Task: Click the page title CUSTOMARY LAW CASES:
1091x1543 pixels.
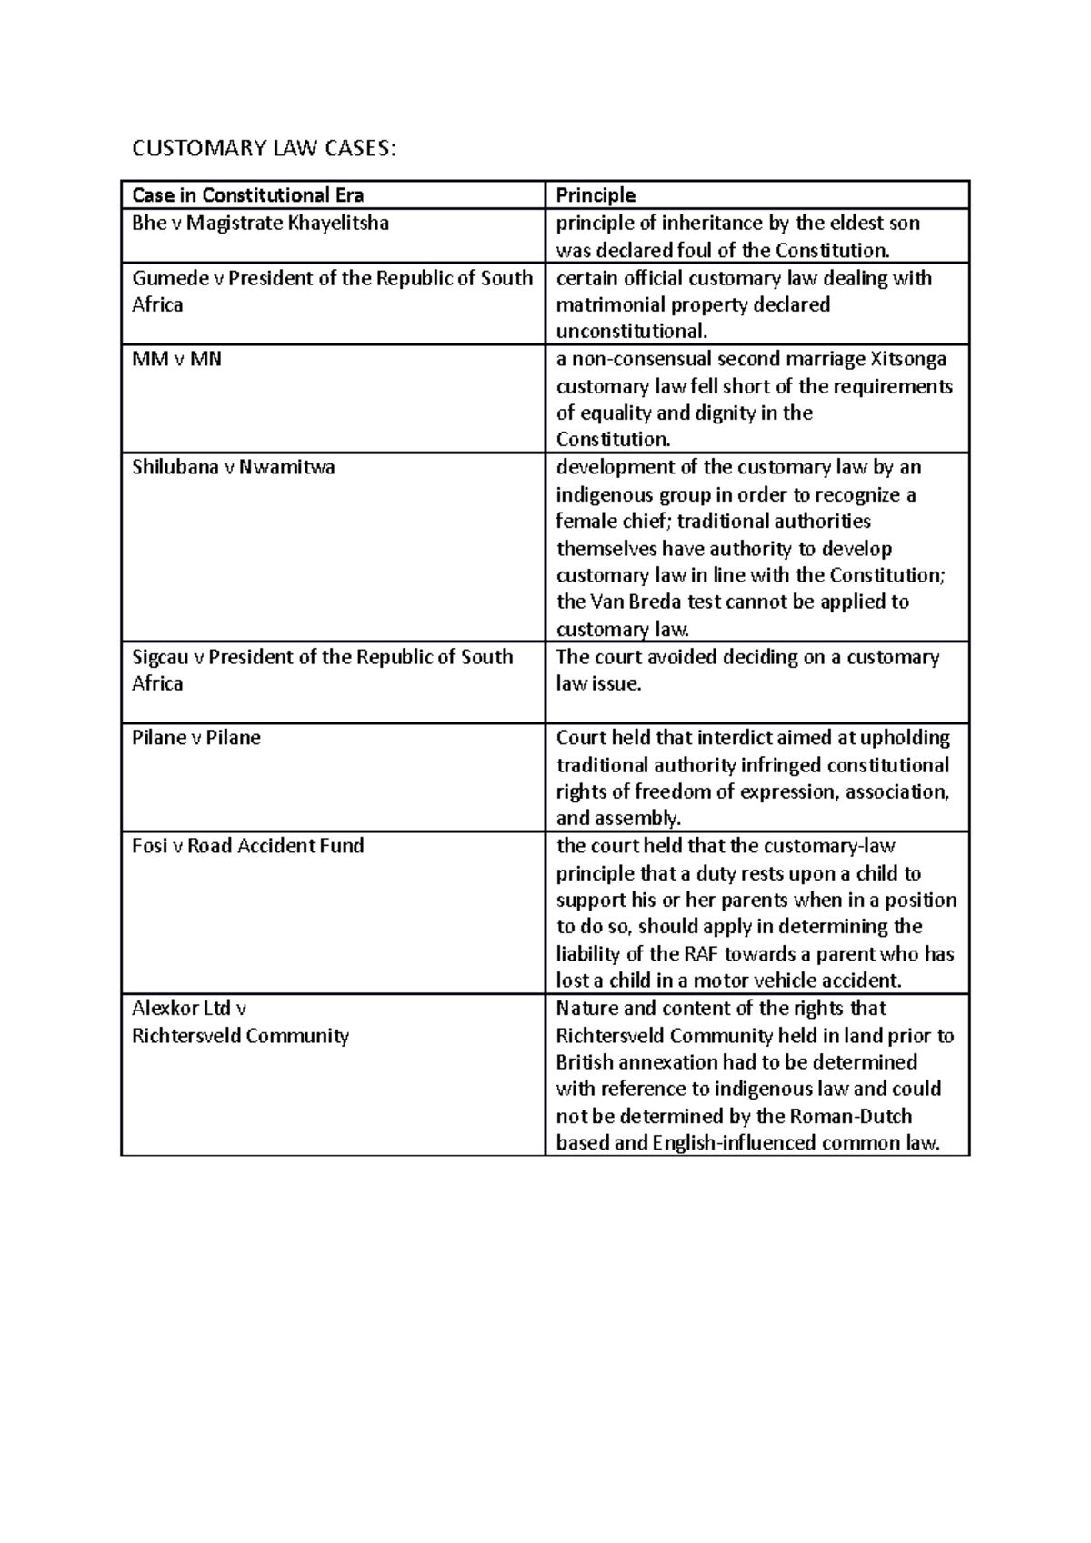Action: pos(264,148)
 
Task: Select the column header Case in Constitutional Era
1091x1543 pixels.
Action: pos(247,195)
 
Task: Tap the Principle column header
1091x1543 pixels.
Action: pos(596,195)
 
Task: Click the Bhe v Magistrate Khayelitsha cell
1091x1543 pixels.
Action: pos(260,223)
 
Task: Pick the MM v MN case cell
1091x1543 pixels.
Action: pos(176,359)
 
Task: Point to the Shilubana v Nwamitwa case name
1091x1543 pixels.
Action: pos(233,467)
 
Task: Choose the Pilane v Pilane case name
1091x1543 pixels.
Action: pos(195,737)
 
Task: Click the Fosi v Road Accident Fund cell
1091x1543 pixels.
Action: pos(247,845)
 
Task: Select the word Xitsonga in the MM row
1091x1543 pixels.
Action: pos(908,359)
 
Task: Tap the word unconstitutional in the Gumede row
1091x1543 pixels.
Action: pos(630,330)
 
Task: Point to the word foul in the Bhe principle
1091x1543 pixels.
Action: pos(698,250)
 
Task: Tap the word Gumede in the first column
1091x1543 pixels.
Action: pos(170,278)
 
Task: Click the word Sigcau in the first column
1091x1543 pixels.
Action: pos(160,656)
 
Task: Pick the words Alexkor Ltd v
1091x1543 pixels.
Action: pos(189,1008)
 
